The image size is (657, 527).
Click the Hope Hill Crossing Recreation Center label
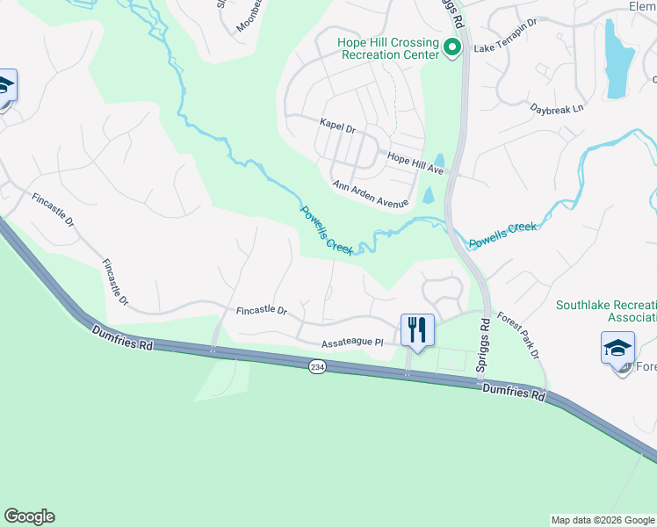[388, 48]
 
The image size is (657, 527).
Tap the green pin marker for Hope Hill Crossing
[453, 47]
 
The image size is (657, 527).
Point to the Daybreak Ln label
[557, 109]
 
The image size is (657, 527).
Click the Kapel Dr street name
[336, 128]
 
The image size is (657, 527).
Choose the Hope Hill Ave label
[415, 159]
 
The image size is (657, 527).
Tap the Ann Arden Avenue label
[371, 194]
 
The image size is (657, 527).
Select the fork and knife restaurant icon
[416, 331]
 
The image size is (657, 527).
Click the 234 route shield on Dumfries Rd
[318, 366]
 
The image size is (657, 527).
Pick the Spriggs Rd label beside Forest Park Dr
[482, 348]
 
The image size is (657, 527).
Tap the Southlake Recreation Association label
[606, 312]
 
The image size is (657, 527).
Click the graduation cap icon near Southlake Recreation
[617, 347]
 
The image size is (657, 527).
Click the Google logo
[29, 516]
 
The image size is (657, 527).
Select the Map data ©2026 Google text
[602, 520]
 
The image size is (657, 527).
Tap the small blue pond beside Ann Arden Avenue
[428, 195]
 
